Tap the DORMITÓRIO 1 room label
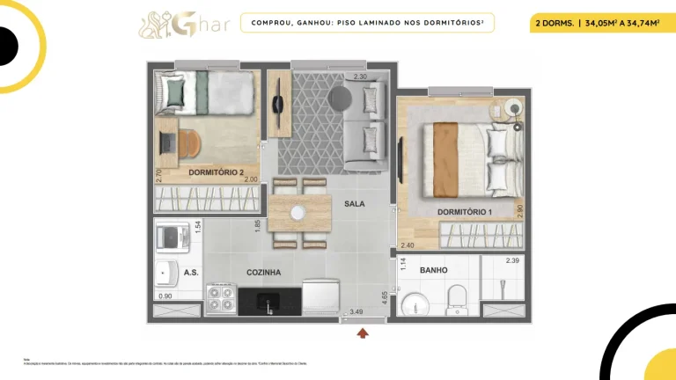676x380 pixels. (465, 213)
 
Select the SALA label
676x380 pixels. (355, 203)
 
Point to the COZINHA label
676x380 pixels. (263, 273)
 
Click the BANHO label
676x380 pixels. (433, 270)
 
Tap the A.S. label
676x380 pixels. (191, 273)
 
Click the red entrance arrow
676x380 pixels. (363, 332)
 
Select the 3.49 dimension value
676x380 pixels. (356, 311)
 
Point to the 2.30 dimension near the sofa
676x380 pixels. (359, 77)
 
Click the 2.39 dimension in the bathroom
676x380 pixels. (512, 261)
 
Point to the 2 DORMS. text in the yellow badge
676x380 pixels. (554, 24)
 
